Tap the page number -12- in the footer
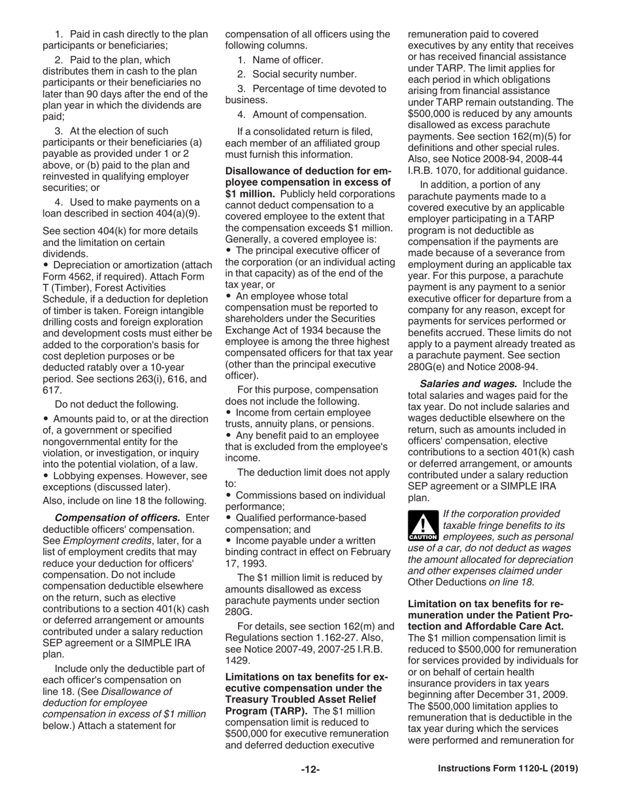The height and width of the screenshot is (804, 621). tap(310, 769)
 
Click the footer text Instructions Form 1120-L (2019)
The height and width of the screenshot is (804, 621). tap(507, 769)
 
